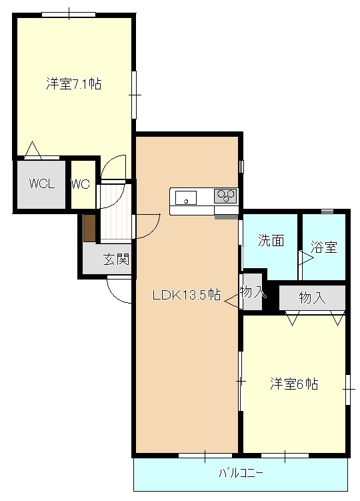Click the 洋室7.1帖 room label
[x=73, y=84]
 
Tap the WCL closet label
[x=41, y=185]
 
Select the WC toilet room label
[x=80, y=185]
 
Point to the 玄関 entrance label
[x=116, y=259]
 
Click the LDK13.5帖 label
[x=187, y=294]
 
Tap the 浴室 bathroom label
[x=324, y=247]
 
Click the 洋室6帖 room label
[x=293, y=384]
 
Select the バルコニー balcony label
[x=241, y=474]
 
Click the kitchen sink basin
[x=186, y=197]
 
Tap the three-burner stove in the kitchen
[x=225, y=196]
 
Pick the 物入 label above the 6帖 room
[x=312, y=298]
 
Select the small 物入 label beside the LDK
[x=253, y=292]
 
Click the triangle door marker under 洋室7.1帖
[x=32, y=151]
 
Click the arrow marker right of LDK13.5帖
[x=232, y=303]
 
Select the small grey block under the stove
[x=226, y=217]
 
